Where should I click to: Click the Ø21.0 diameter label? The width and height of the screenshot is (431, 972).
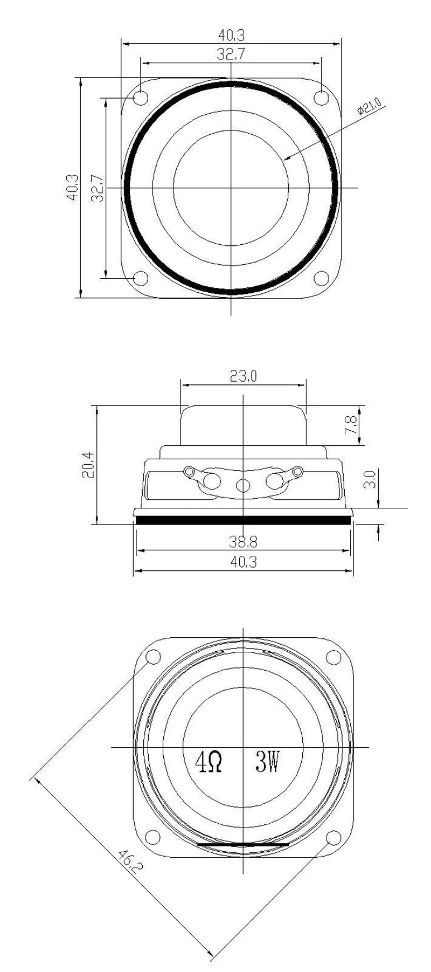[x=370, y=106]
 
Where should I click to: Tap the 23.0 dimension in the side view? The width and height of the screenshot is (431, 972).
[x=244, y=376]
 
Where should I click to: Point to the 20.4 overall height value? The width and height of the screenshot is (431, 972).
[x=89, y=465]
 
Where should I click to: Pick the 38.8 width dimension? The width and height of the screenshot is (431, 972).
[x=244, y=542]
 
